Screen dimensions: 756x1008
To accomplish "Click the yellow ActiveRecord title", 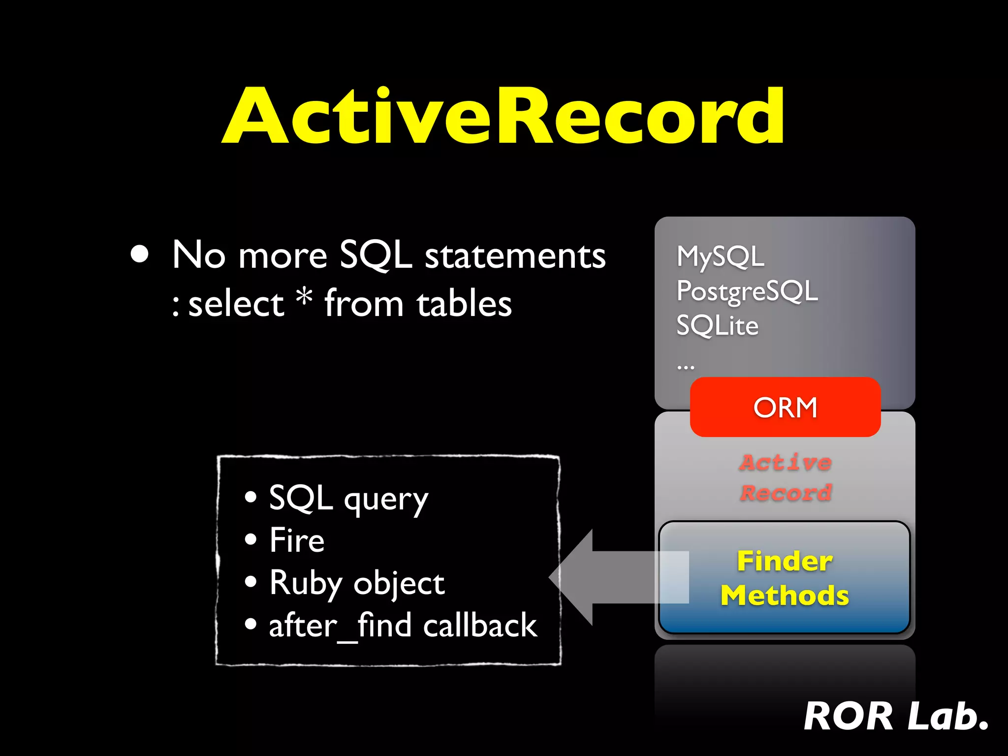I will pyautogui.click(x=503, y=116).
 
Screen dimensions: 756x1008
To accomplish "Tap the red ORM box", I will pyautogui.click(x=785, y=408).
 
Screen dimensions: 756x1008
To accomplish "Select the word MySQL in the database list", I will pyautogui.click(x=721, y=256).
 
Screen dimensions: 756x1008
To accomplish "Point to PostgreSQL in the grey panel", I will pyautogui.click(x=747, y=291).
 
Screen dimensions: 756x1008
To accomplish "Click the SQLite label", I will pyautogui.click(x=717, y=326).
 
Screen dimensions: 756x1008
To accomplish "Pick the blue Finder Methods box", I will pyautogui.click(x=785, y=577).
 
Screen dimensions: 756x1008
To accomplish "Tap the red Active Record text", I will pyautogui.click(x=786, y=477).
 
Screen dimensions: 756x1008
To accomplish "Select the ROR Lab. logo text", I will pyautogui.click(x=896, y=717).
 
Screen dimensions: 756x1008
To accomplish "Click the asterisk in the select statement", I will pyautogui.click(x=305, y=296).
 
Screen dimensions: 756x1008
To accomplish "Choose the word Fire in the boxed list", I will pyautogui.click(x=297, y=540).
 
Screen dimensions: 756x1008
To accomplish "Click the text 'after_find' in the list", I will pyautogui.click(x=340, y=626).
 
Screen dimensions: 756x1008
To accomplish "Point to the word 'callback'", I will pyautogui.click(x=480, y=626).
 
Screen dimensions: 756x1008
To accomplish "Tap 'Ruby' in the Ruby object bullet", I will pyautogui.click(x=306, y=584).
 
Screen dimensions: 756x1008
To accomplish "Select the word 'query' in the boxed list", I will pyautogui.click(x=386, y=500).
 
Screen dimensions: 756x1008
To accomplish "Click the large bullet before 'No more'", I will pyautogui.click(x=140, y=254).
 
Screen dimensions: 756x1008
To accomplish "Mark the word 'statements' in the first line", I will pyautogui.click(x=515, y=256).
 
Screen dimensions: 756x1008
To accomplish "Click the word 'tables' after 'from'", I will pyautogui.click(x=464, y=304).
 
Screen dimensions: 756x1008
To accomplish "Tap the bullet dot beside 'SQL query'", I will pyautogui.click(x=251, y=497).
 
